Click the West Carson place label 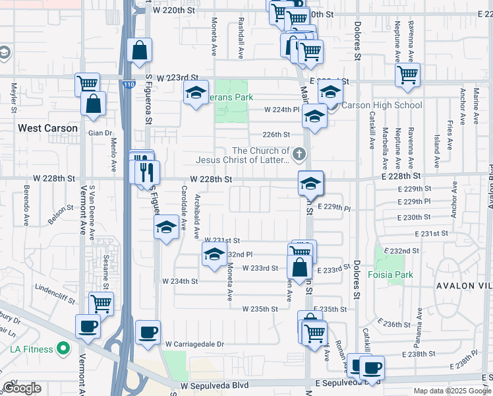[x=47, y=128]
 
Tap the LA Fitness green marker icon [x=63, y=348]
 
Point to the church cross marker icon [x=300, y=155]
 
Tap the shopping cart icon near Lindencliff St [x=101, y=304]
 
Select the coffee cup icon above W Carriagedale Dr [x=148, y=332]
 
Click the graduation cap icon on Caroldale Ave [x=166, y=228]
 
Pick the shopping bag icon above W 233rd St [x=299, y=267]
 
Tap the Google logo [x=22, y=389]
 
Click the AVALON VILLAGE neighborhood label [x=462, y=286]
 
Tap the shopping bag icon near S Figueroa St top [x=140, y=50]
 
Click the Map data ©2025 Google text [x=451, y=391]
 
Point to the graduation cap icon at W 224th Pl [x=315, y=117]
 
